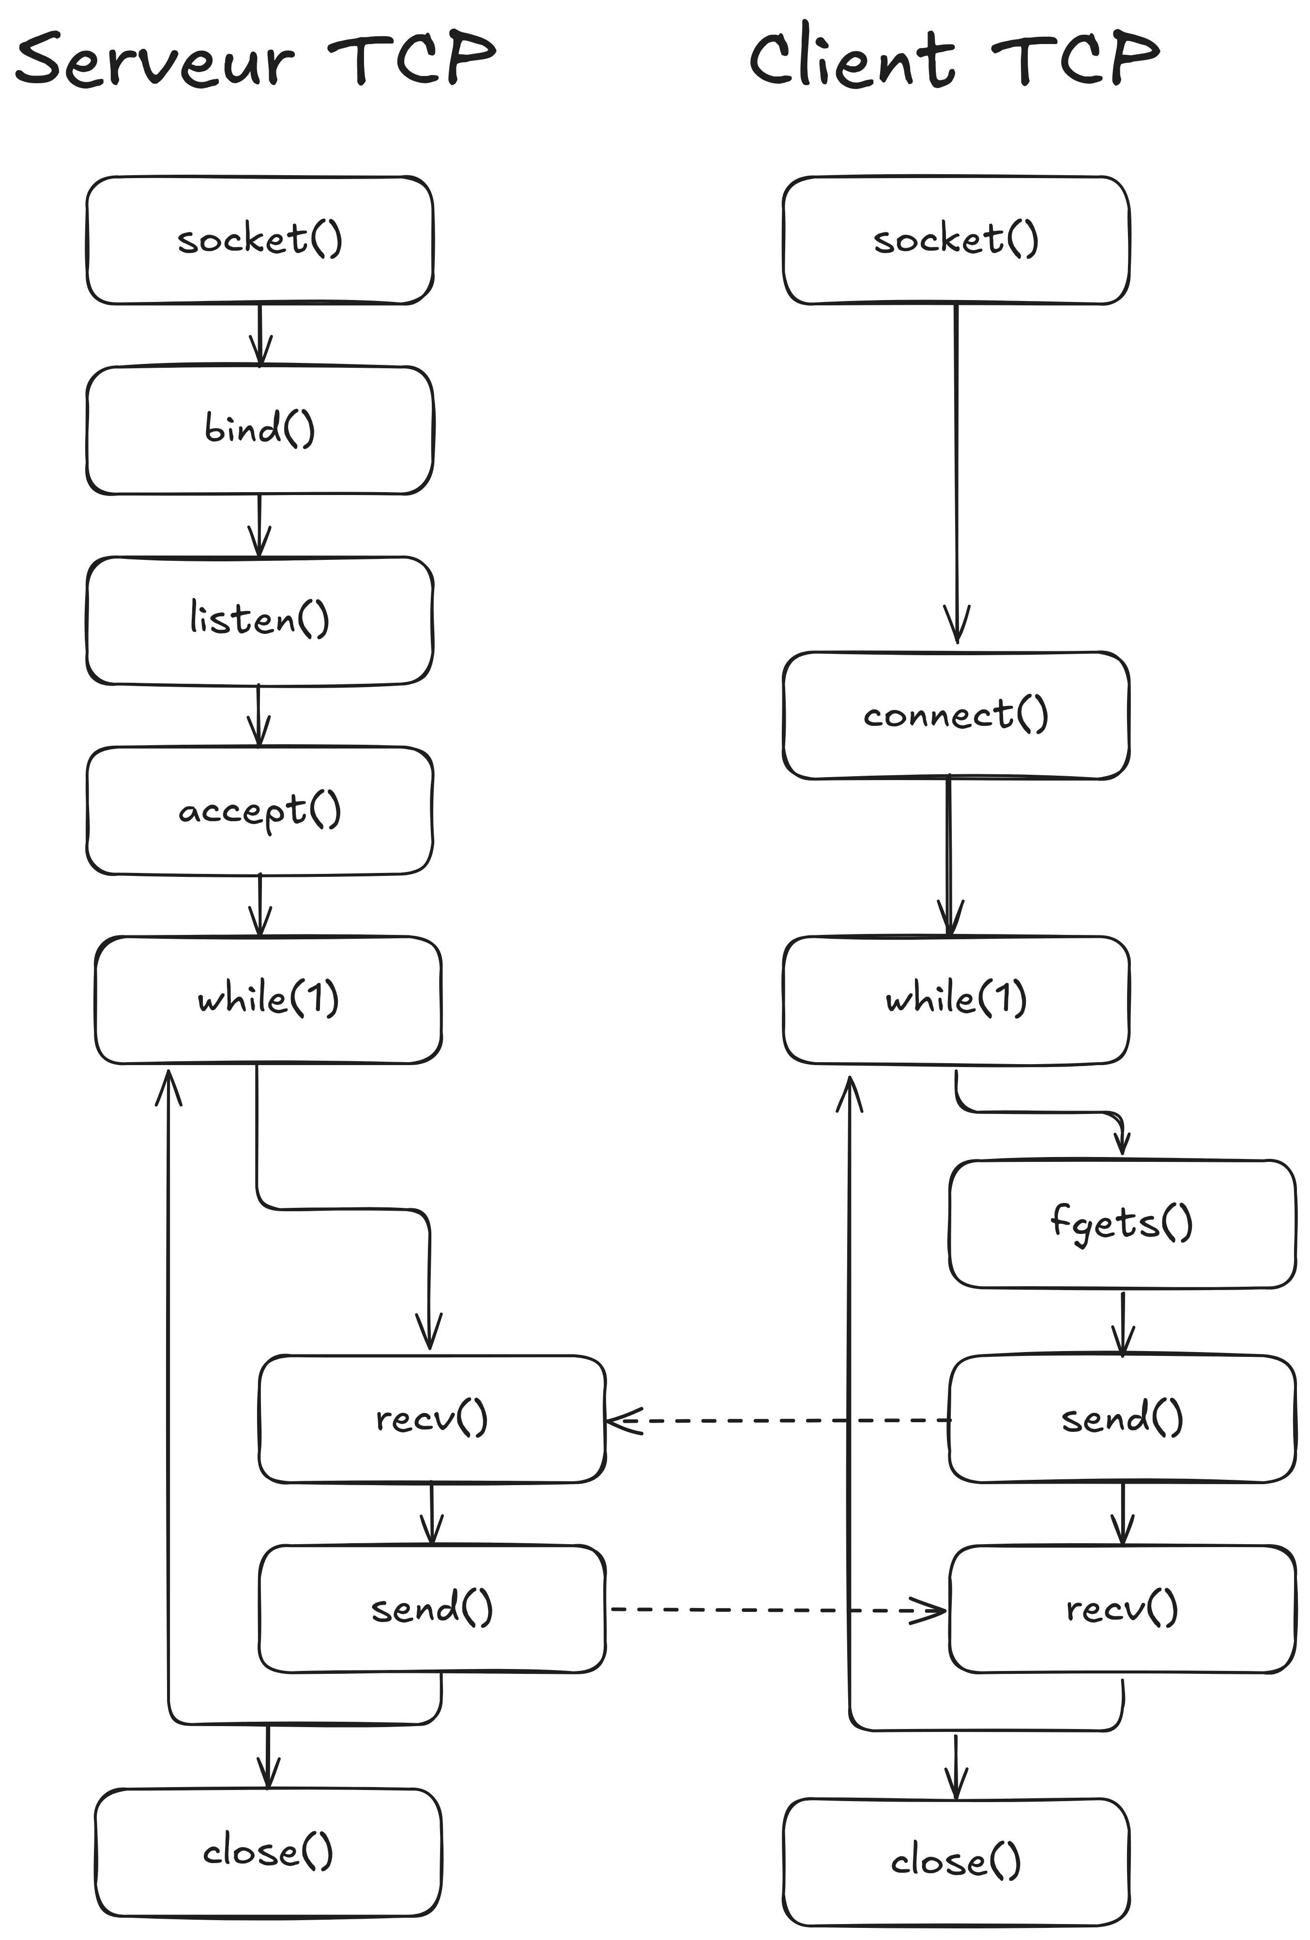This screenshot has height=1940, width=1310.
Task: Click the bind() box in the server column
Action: pos(259,430)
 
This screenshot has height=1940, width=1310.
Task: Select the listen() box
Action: pos(259,620)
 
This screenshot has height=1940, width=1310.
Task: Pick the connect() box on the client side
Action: pos(956,715)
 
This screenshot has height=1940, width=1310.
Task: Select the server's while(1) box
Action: pos(268,1000)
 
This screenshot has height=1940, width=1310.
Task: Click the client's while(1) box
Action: pos(956,1000)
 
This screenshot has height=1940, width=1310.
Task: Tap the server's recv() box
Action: pos(432,1420)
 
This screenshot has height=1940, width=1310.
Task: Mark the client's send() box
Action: pos(1122,1420)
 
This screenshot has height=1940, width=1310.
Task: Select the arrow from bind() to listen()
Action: pos(259,526)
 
